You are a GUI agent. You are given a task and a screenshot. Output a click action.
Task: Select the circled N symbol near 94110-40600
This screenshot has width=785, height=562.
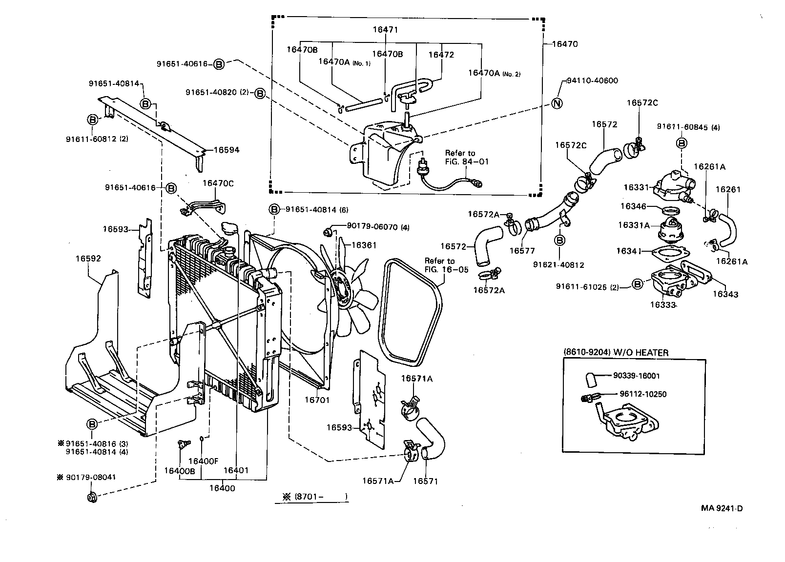557,103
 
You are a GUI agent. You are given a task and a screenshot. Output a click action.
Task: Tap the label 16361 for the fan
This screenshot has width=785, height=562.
364,245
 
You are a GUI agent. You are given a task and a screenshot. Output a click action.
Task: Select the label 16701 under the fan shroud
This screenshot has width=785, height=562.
317,400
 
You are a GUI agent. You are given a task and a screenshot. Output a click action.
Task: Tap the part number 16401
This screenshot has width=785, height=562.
236,471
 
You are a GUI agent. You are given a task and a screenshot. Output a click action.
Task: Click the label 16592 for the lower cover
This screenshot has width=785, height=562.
88,258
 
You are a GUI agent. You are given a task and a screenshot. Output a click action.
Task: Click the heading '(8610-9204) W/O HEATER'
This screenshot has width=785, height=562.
616,353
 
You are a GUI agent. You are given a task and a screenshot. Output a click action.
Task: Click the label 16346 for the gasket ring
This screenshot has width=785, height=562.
633,206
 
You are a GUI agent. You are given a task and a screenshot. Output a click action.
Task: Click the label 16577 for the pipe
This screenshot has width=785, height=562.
522,251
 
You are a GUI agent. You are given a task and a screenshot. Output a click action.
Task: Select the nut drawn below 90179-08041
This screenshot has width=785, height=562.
90,498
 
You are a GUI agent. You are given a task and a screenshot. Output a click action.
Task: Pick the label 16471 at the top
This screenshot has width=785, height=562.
385,30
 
